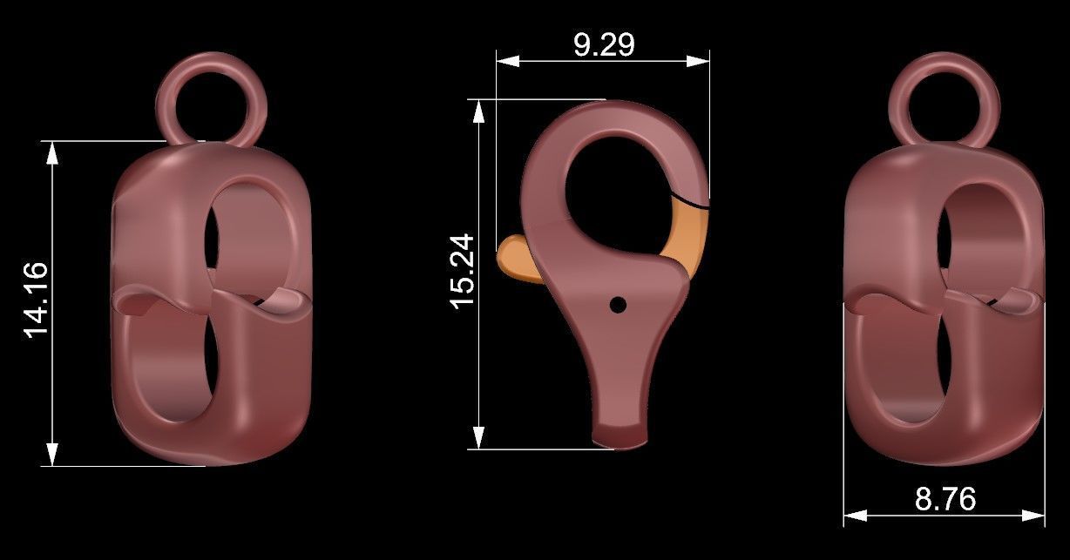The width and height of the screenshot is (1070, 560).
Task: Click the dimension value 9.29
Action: click(603, 44)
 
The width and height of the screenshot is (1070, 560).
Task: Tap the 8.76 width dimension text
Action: click(945, 499)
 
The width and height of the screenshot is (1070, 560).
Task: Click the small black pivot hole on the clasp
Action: click(618, 304)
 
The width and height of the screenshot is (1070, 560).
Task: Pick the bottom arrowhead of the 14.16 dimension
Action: click(53, 454)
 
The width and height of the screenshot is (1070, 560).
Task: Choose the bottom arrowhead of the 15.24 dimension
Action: click(478, 437)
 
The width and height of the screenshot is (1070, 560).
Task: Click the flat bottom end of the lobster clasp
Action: click(620, 435)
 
